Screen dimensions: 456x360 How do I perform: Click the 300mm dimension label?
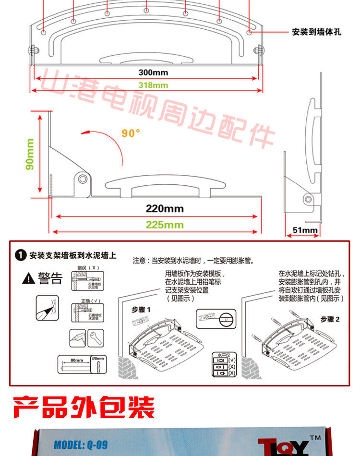(x=153, y=72)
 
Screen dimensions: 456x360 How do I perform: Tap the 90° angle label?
(x=131, y=133)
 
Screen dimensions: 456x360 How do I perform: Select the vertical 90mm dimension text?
(x=30, y=155)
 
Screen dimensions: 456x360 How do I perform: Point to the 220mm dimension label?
(x=165, y=209)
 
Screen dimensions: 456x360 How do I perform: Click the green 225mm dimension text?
(x=165, y=224)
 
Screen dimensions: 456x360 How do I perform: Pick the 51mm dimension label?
(x=305, y=230)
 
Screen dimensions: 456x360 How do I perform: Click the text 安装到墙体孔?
(x=317, y=32)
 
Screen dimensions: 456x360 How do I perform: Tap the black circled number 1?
(x=20, y=255)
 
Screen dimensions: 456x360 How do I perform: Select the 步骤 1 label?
(x=141, y=310)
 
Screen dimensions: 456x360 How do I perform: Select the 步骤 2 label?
(x=330, y=319)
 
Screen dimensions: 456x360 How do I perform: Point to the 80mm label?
(x=76, y=359)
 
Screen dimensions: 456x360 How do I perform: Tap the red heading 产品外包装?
(x=84, y=407)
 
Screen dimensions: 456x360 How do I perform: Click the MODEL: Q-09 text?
(x=80, y=444)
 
